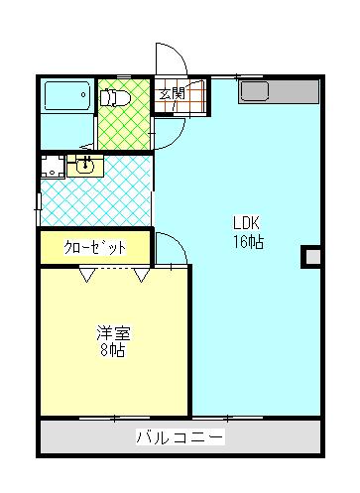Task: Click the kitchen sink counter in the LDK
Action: (278, 92)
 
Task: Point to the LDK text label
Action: (247, 222)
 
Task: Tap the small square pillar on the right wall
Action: (311, 258)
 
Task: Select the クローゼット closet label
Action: (95, 247)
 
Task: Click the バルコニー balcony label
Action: (180, 436)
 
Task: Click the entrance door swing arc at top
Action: (166, 60)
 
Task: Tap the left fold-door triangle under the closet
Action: (87, 275)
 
